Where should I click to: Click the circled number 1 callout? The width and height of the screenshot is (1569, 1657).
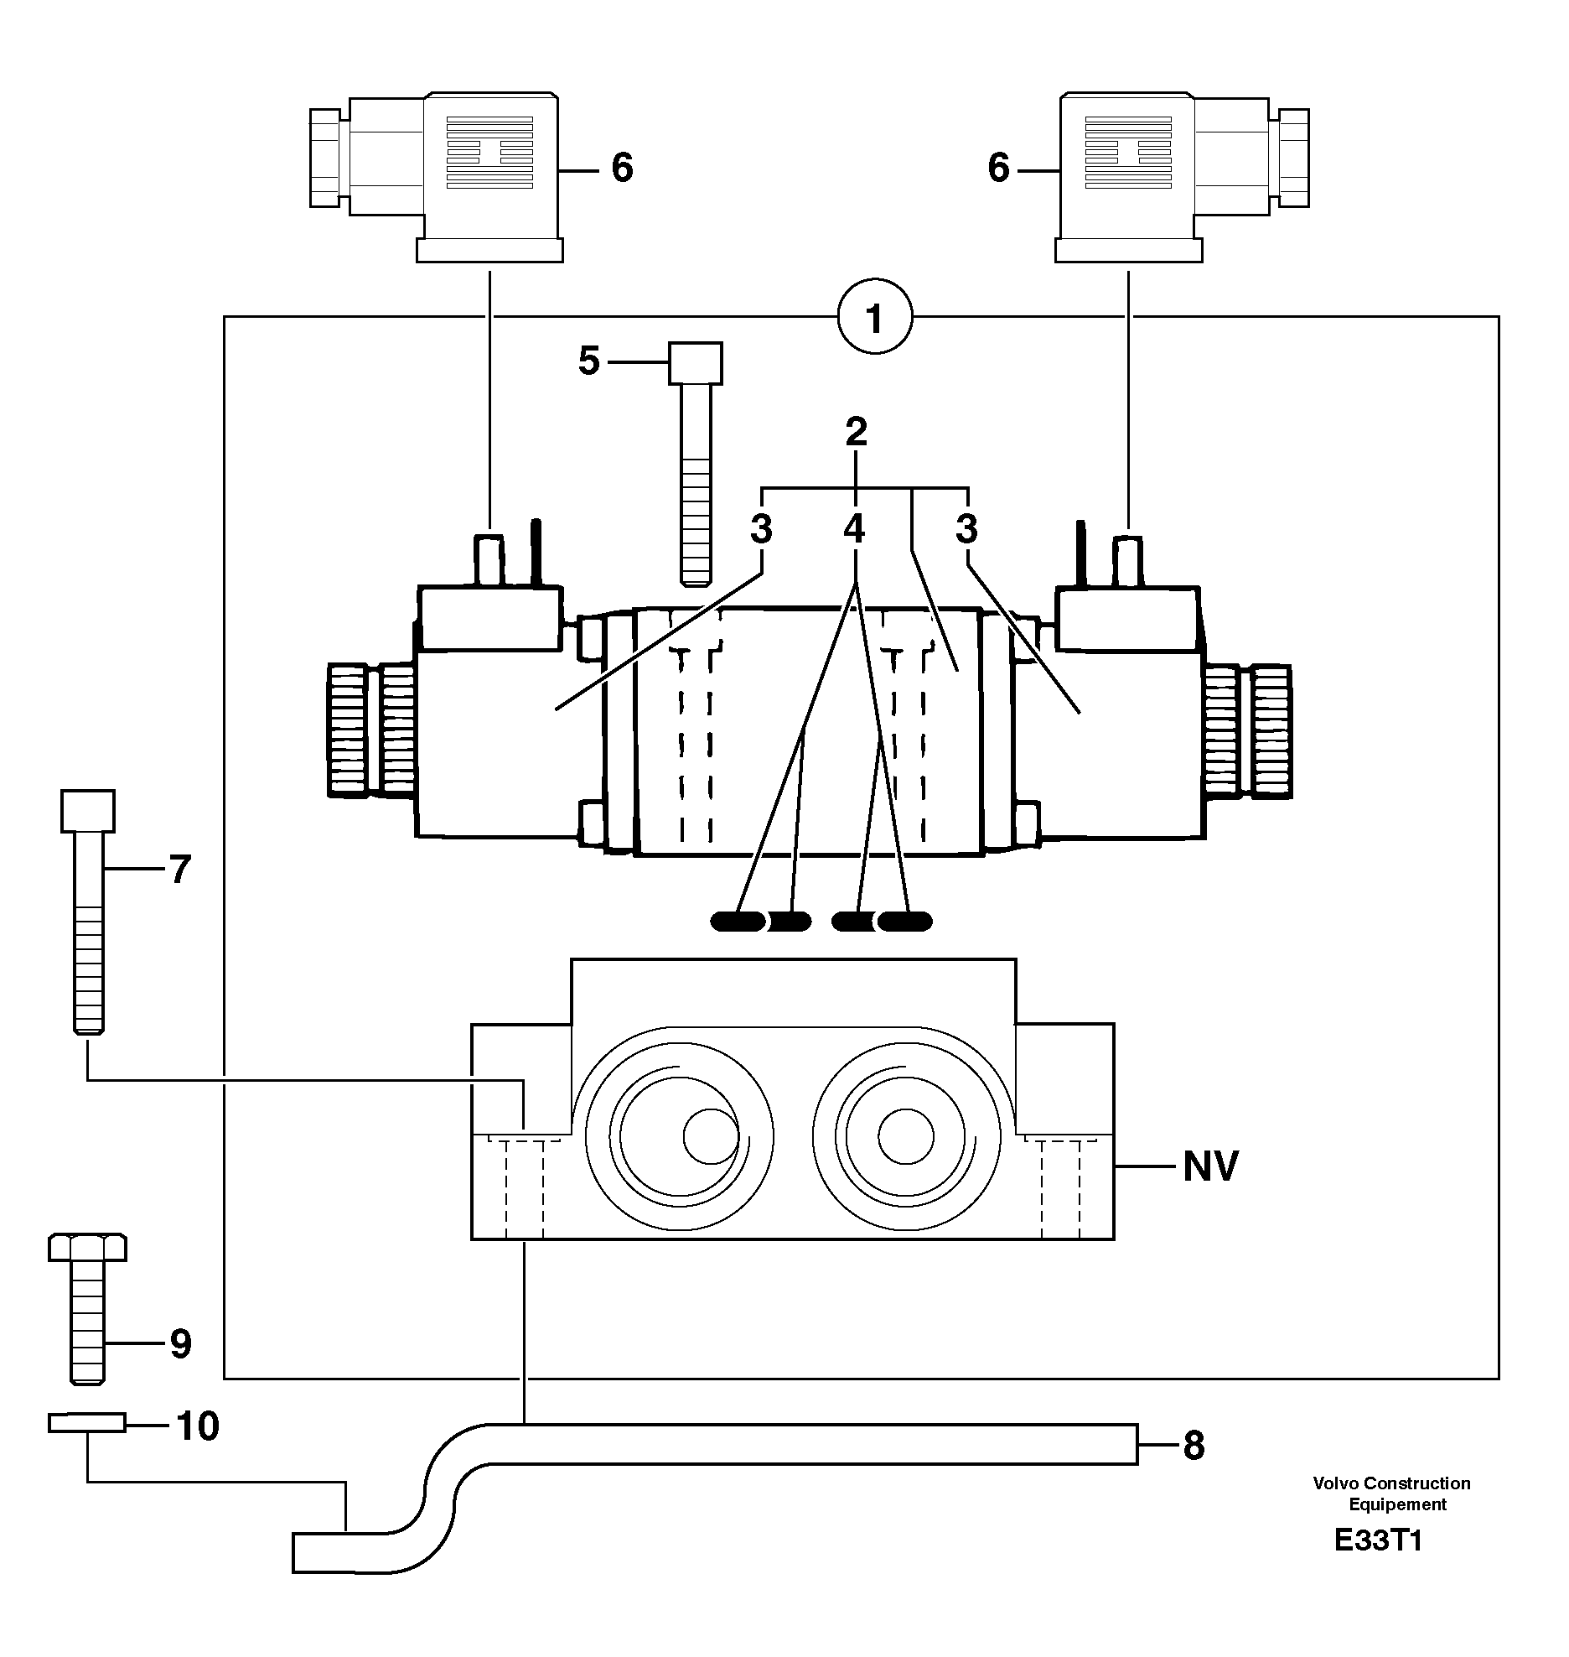[875, 319]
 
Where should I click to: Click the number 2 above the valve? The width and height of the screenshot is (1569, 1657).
[855, 432]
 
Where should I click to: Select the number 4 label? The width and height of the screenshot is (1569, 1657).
[853, 529]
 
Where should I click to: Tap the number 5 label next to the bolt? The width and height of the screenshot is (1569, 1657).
[589, 361]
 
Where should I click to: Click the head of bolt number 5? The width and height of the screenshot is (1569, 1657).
[696, 363]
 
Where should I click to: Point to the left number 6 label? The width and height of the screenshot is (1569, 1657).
[622, 169]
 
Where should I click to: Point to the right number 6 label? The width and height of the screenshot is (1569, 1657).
[998, 169]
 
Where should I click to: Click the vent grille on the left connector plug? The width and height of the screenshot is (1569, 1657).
[490, 153]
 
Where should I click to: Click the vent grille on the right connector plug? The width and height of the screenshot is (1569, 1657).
[1127, 153]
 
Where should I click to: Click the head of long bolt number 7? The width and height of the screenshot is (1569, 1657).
[88, 810]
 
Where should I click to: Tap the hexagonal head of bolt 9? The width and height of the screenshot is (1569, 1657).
[88, 1247]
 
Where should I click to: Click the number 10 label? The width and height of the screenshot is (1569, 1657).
[198, 1426]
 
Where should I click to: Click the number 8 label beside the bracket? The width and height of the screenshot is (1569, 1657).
[1194, 1445]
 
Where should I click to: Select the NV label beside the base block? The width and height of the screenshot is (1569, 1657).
[1210, 1166]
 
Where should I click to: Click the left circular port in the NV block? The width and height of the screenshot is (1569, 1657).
[677, 1136]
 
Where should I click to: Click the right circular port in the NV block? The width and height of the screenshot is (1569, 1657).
[905, 1136]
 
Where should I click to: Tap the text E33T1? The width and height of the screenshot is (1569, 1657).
[1379, 1564]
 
